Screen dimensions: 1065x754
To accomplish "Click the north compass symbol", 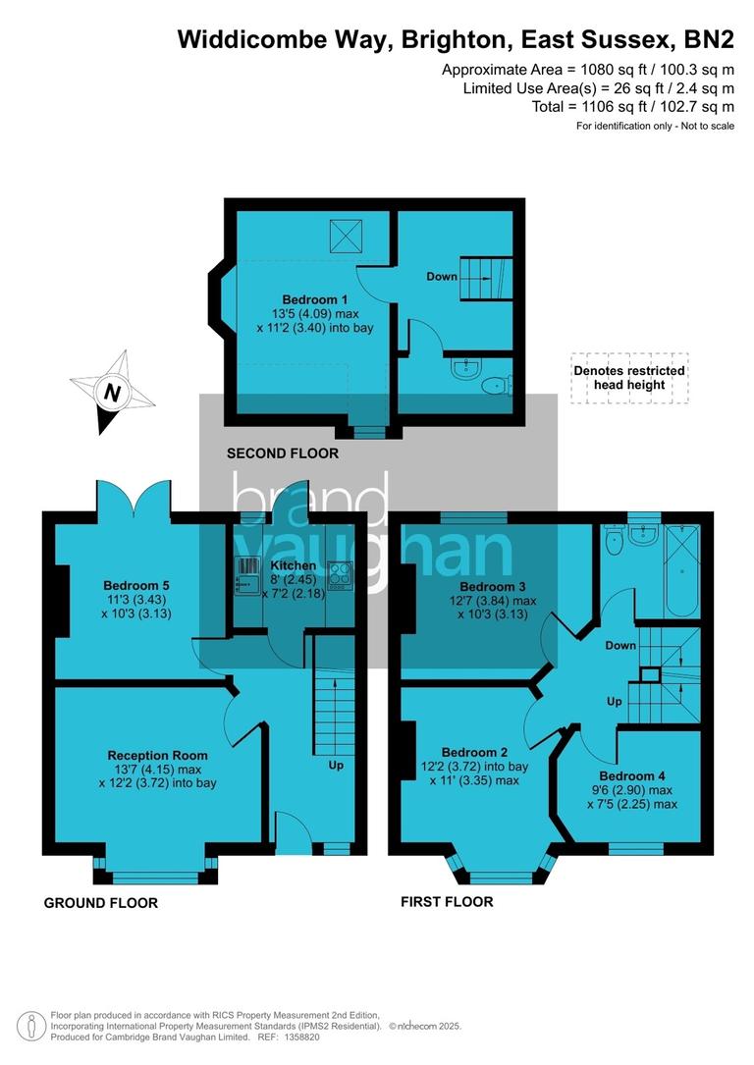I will pos(113,393).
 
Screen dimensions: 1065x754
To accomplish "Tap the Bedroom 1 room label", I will pos(314,299).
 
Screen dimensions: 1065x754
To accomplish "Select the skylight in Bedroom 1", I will pos(346,233).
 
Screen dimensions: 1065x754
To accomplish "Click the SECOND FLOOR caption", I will pos(283,453).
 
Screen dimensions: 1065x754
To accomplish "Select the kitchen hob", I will pos(341,575).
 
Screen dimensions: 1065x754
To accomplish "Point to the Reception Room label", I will pos(157,755).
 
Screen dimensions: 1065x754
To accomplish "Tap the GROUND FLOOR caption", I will pos(100,903).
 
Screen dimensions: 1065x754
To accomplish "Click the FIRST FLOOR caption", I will pos(447,901).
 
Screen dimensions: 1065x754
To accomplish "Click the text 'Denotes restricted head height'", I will pos(628,377).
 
